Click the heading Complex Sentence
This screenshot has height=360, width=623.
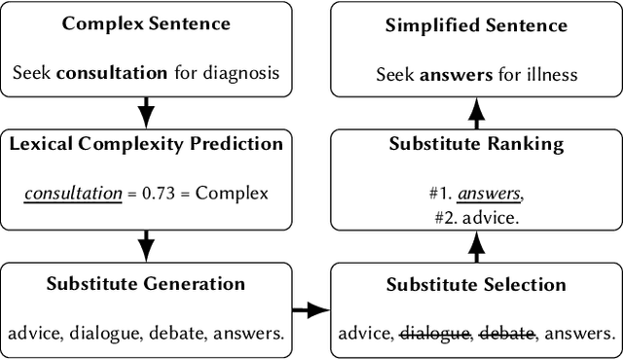pos(146,22)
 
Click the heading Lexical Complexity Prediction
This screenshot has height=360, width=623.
pos(146,145)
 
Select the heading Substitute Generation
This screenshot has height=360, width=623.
pos(146,285)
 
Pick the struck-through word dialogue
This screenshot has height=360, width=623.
pos(435,334)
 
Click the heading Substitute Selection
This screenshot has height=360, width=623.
pos(476,285)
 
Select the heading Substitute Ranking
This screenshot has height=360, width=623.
pos(477,145)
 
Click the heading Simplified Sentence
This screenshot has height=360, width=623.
pos(477,22)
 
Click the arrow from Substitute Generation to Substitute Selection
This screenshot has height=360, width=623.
pos(311,310)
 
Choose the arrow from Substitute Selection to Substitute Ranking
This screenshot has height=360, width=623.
pos(477,250)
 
